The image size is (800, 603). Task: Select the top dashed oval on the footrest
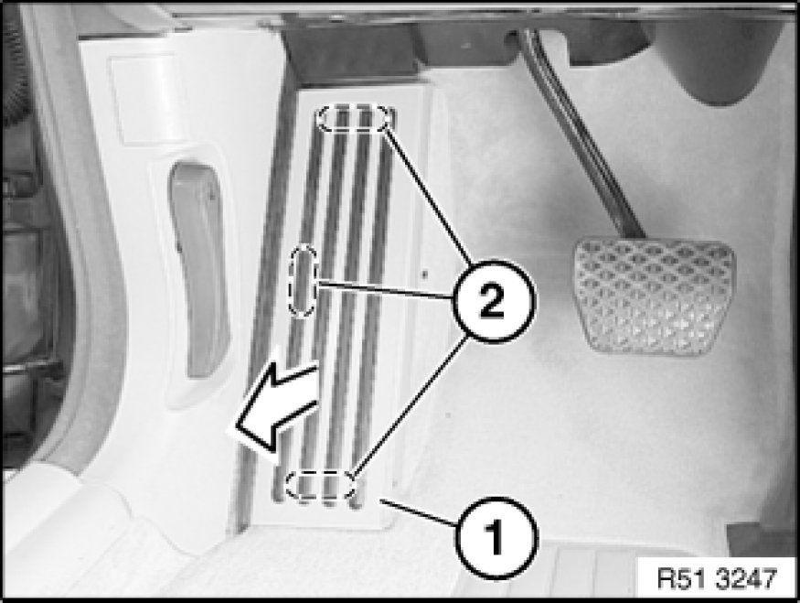pyautogui.click(x=356, y=118)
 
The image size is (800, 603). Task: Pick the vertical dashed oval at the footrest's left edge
pyautogui.click(x=303, y=280)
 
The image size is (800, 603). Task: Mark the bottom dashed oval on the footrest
pyautogui.click(x=320, y=485)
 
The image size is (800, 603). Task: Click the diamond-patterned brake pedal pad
pyautogui.click(x=656, y=296)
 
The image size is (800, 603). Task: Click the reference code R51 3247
pyautogui.click(x=716, y=579)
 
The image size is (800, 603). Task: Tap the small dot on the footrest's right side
pyautogui.click(x=424, y=275)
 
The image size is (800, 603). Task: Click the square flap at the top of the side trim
pyautogui.click(x=145, y=99)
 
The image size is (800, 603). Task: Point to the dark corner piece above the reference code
pyautogui.click(x=762, y=540)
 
